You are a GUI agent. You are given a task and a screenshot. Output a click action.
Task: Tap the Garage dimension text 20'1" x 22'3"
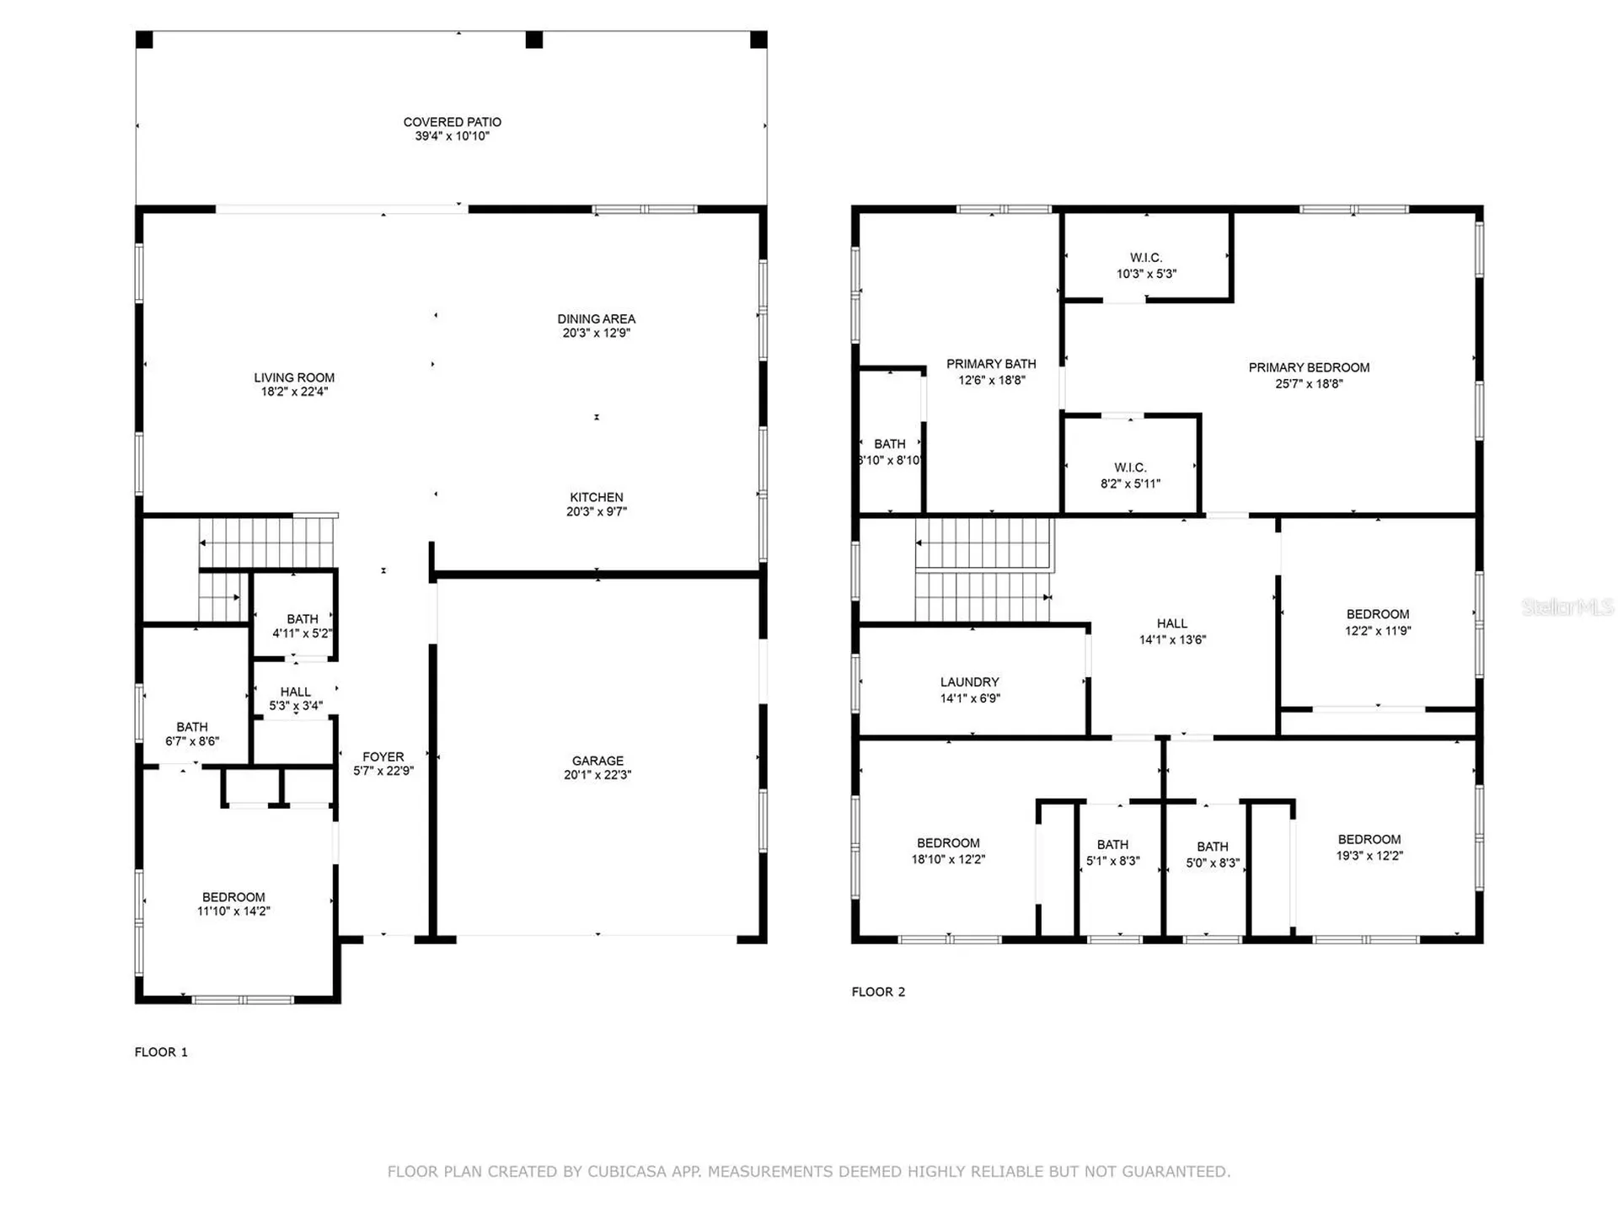[597, 775]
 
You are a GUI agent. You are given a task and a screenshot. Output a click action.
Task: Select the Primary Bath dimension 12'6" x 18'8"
[992, 380]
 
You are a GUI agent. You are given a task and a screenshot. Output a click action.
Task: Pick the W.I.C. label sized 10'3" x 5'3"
[1146, 265]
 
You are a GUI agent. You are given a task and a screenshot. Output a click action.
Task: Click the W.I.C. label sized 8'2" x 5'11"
[1130, 475]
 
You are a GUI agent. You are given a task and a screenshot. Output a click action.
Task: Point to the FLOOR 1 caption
[161, 1052]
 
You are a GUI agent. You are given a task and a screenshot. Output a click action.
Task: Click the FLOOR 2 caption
[878, 991]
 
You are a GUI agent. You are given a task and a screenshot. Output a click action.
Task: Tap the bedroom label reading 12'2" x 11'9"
[1378, 623]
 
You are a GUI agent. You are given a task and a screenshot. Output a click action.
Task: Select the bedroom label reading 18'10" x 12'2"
[948, 851]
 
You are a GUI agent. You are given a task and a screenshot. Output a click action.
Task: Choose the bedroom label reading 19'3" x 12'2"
[1369, 847]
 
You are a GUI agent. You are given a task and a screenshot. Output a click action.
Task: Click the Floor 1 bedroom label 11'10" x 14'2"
[233, 904]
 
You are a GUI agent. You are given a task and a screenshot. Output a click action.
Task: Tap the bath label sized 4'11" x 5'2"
[303, 626]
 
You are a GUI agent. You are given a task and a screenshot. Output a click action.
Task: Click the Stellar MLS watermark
[1567, 606]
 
